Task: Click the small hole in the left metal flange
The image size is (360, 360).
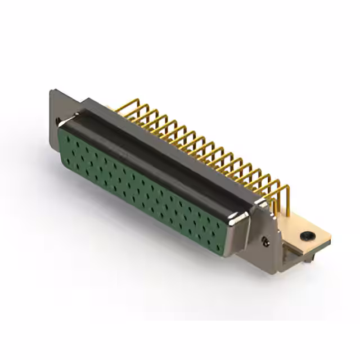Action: [58, 120]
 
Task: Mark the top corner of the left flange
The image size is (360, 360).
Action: [52, 91]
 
